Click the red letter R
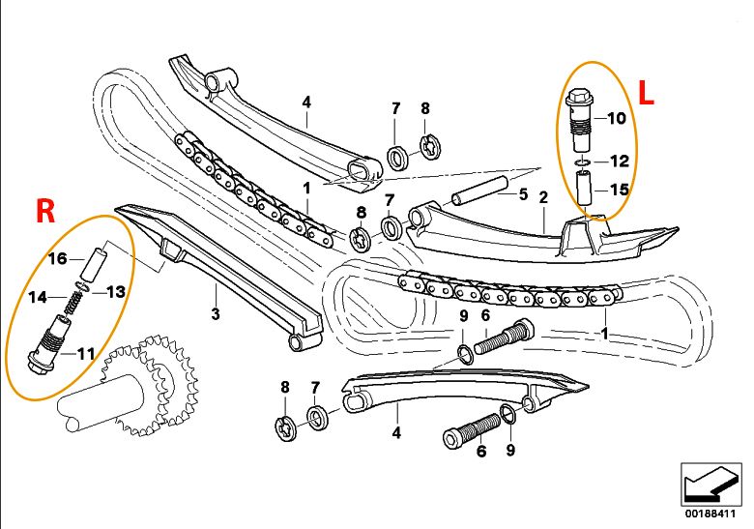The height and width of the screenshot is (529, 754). (x=45, y=212)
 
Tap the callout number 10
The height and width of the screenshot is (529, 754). (x=618, y=120)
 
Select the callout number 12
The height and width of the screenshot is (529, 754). (x=618, y=160)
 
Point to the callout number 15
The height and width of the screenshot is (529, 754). (x=618, y=190)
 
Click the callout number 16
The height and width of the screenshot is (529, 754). (x=58, y=258)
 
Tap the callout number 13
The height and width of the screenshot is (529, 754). (x=115, y=291)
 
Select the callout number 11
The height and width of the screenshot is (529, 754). (x=85, y=354)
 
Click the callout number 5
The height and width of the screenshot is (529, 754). (x=523, y=194)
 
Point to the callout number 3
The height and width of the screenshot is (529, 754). (x=216, y=314)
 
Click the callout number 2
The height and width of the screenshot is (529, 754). (x=543, y=197)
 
